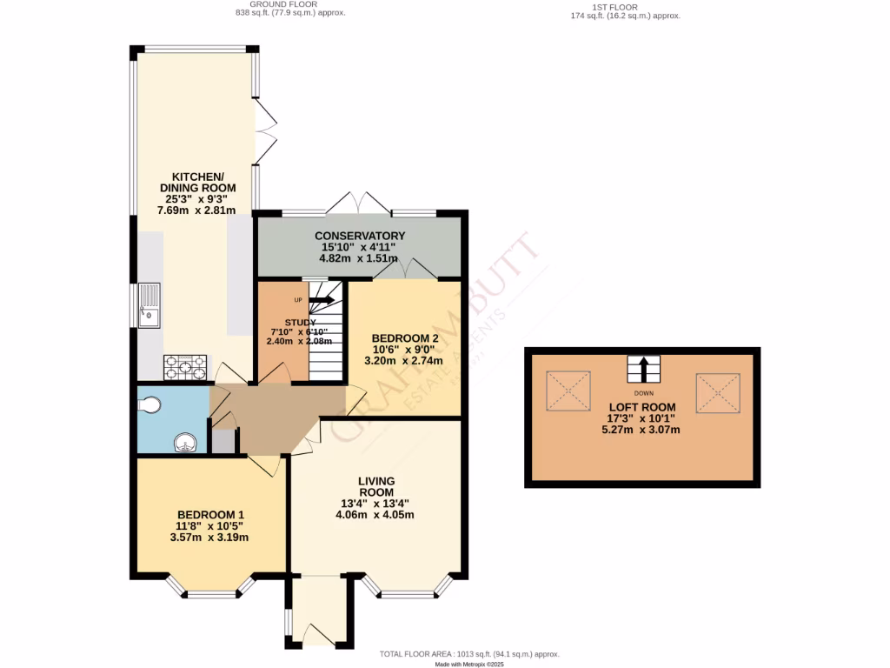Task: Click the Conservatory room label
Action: [x=360, y=236]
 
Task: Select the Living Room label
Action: [x=376, y=486]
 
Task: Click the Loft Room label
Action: [x=643, y=406]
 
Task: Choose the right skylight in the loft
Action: [x=719, y=392]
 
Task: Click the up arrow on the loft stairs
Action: [x=643, y=369]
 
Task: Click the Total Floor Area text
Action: [x=469, y=654]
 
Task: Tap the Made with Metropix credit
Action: [x=469, y=665]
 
